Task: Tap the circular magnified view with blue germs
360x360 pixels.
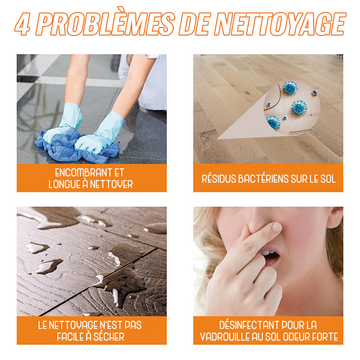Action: point(292,108)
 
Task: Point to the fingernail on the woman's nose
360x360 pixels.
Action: point(277,227)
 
